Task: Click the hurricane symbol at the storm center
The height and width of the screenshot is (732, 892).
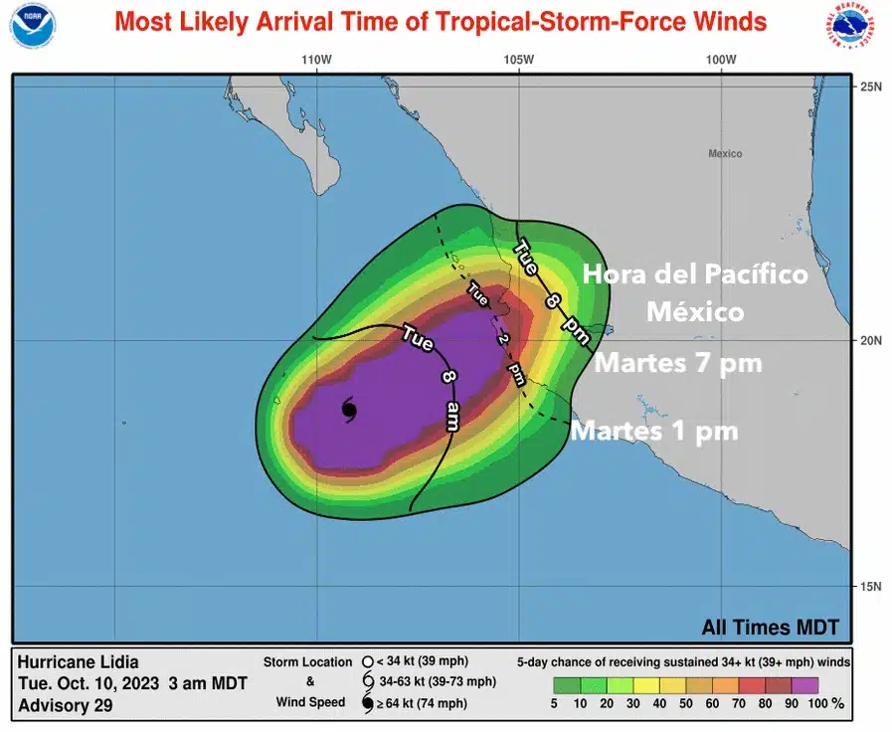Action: coord(348,409)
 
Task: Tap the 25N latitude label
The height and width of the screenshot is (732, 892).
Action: coord(871,87)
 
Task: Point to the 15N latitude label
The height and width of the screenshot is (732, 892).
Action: coord(871,586)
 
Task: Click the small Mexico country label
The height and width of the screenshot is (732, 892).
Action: coord(725,153)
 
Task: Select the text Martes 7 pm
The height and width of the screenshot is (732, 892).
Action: coord(678,364)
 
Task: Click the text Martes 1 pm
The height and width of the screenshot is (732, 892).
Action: coord(654,431)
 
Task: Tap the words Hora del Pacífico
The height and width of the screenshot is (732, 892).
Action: coord(694,274)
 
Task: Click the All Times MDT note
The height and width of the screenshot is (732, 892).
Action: coord(770,628)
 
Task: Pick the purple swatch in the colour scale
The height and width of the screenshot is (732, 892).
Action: coord(804,684)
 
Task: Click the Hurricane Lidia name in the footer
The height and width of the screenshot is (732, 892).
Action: coord(79,662)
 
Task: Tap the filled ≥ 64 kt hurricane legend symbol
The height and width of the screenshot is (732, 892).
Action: coord(367,704)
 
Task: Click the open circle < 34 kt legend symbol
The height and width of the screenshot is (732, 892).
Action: coord(367,661)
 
